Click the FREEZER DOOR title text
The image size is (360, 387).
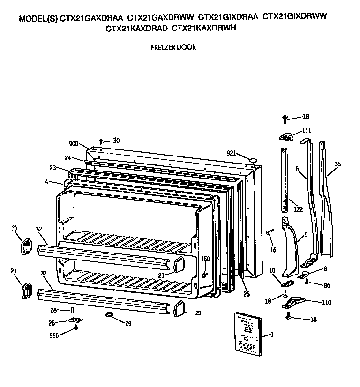[x=173, y=47]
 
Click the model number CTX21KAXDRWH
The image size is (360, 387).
[x=204, y=28]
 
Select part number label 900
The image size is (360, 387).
[x=74, y=144]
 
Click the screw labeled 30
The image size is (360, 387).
[x=101, y=141]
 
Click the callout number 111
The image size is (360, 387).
[x=307, y=131]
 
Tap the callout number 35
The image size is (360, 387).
[x=338, y=164]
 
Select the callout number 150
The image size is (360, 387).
[x=205, y=259]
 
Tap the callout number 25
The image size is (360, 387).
[x=247, y=294]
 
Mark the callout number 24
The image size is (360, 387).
[x=67, y=157]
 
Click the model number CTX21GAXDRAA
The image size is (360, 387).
[x=92, y=18]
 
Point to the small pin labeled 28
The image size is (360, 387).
[x=72, y=310]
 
